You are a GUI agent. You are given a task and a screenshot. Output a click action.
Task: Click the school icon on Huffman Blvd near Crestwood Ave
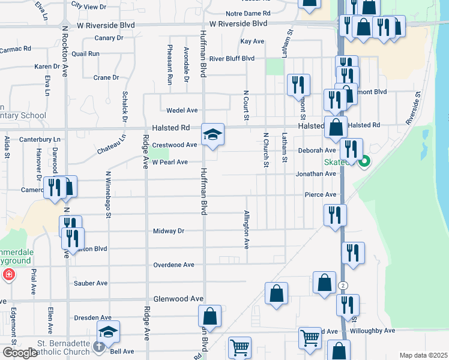(212, 135)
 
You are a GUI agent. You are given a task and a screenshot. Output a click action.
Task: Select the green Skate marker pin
(364, 161)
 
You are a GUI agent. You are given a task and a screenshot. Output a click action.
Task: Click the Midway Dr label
(168, 231)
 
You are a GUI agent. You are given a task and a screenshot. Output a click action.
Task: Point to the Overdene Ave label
(174, 265)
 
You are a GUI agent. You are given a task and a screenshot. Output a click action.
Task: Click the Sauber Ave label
(90, 283)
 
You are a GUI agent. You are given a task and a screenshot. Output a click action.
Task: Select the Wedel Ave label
(182, 110)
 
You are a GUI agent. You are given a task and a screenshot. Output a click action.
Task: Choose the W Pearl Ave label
(170, 162)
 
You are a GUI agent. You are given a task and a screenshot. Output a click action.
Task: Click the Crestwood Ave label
(175, 145)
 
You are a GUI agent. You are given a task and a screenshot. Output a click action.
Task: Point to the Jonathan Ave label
(316, 174)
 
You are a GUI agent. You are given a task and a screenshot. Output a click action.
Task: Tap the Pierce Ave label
(321, 195)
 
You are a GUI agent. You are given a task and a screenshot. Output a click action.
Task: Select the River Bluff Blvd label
(232, 58)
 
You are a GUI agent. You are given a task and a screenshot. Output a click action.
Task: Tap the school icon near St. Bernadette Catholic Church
(109, 332)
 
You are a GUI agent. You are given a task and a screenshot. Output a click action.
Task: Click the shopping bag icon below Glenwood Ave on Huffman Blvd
(209, 316)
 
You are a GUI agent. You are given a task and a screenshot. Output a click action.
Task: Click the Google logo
(20, 353)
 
